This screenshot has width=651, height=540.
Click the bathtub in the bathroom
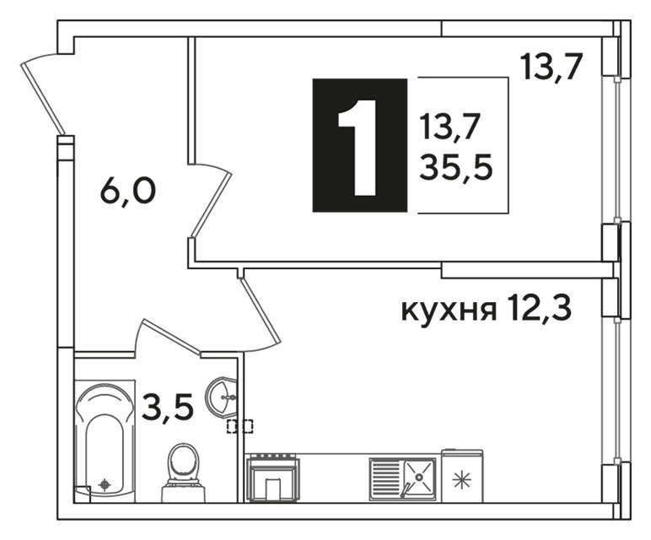click(x=105, y=440)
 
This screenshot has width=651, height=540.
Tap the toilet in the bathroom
click(x=183, y=472)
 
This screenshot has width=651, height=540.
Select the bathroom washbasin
click(x=222, y=397)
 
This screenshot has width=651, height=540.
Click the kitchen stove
click(x=272, y=478)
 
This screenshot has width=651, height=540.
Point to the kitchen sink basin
click(x=419, y=478)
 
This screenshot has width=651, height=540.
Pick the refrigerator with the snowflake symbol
click(x=462, y=476)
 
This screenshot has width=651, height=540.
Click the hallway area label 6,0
click(x=128, y=192)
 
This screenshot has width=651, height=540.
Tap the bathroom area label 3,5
click(x=168, y=408)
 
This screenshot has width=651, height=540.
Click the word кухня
click(x=449, y=310)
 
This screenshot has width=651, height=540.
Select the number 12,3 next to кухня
click(x=539, y=308)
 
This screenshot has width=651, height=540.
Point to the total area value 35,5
click(x=456, y=167)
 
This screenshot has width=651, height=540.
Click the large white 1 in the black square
click(x=358, y=148)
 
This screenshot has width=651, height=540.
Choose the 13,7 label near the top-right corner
click(x=549, y=67)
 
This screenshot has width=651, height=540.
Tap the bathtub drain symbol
click(x=105, y=484)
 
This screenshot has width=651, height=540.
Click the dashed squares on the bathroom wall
click(x=239, y=426)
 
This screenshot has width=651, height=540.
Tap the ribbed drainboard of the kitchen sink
click(x=386, y=478)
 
